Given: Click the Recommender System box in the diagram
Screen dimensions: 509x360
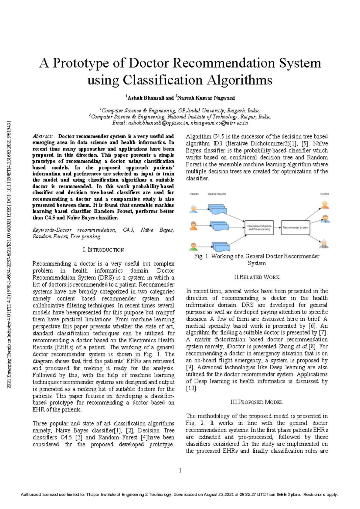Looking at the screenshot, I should [x=295, y=228].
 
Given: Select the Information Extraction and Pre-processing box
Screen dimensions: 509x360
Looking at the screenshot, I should [x=259, y=228].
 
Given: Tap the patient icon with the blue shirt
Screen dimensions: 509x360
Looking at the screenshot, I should [x=193, y=209].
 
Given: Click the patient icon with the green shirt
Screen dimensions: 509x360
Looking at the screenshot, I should [x=193, y=246].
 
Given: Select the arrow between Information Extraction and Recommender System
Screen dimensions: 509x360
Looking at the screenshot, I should [x=277, y=228].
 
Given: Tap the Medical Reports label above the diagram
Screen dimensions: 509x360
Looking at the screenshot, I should [x=217, y=194].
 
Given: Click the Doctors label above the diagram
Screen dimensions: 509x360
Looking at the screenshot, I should [x=325, y=194].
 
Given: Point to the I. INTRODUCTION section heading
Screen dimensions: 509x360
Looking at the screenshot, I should [x=103, y=250].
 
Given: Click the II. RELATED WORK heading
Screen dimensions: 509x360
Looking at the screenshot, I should [x=256, y=277].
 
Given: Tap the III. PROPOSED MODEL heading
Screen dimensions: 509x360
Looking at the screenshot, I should [x=256, y=402].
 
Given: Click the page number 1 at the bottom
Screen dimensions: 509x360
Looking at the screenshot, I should [x=180, y=470].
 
